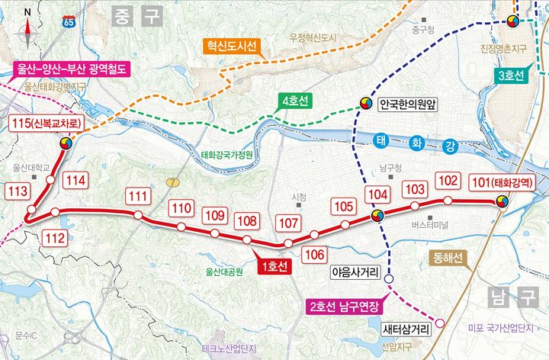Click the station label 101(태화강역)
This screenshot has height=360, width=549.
[x=503, y=183]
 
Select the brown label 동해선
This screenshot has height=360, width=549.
[x=448, y=257]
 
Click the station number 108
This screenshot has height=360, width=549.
[x=246, y=222]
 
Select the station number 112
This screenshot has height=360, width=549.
[x=55, y=238]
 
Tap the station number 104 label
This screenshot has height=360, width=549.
[x=377, y=195]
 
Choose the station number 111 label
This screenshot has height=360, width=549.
[x=137, y=197]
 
